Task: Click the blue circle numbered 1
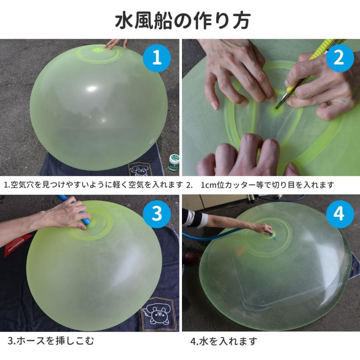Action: point(157,58)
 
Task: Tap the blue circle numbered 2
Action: point(339,58)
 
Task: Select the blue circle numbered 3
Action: point(157,214)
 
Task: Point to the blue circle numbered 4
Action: point(339,214)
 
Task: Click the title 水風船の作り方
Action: point(180,20)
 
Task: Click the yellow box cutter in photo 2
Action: point(308,66)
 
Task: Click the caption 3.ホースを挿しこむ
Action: point(52,341)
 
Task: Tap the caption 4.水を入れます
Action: point(224,341)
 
